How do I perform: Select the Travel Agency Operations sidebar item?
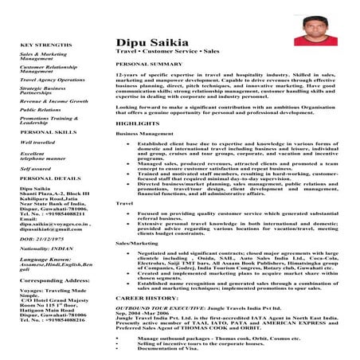click(x=53, y=80)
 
